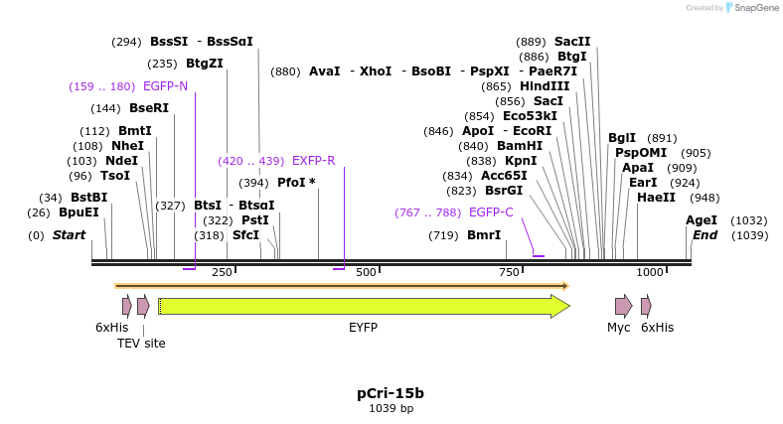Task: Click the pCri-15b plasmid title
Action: click(391, 393)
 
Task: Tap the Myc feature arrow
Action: click(623, 306)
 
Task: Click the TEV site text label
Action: click(141, 344)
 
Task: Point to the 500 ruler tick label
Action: click(366, 272)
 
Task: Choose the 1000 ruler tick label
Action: click(650, 272)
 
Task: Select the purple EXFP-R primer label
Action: click(313, 160)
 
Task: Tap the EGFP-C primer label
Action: click(491, 212)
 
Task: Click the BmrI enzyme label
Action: click(484, 235)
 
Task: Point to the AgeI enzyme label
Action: click(701, 220)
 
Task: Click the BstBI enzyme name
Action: click(88, 198)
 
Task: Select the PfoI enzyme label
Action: click(296, 183)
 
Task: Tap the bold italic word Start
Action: click(69, 235)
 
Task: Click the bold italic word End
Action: click(705, 235)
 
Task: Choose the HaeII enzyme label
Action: click(656, 198)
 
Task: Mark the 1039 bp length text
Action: click(391, 408)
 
